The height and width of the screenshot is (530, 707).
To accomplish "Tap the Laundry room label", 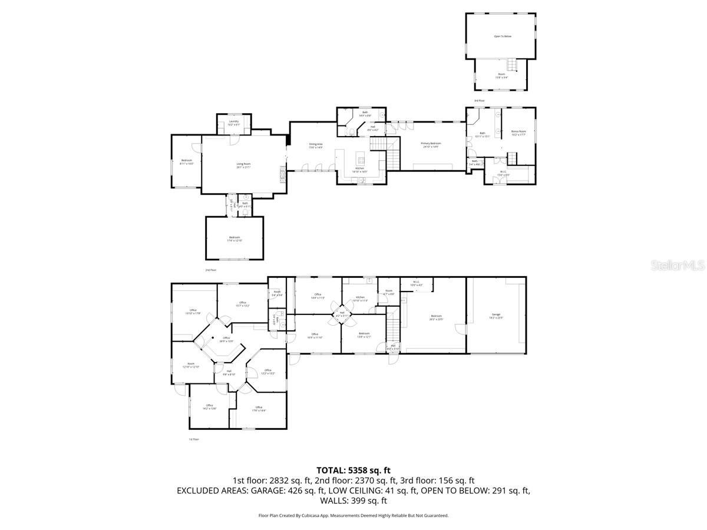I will [234, 122].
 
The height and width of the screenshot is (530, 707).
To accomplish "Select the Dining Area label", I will [316, 145].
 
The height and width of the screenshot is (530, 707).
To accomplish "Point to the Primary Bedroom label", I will [431, 145].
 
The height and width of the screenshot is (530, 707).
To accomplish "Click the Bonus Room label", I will [518, 133].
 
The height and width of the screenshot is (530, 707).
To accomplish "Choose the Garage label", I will [496, 316].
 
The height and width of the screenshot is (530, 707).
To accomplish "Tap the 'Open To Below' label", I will [503, 37].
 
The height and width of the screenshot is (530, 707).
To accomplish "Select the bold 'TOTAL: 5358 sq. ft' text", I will [353, 470].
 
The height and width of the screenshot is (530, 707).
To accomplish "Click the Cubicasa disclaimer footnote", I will [353, 515].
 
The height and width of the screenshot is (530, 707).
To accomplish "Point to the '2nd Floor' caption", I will [211, 270].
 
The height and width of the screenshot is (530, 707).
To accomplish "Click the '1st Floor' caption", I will [194, 439].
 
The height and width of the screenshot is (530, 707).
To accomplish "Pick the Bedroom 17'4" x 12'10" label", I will [234, 238].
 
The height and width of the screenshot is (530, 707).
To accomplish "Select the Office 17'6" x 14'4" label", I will [259, 409].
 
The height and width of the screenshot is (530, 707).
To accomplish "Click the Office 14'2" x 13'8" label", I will [209, 407].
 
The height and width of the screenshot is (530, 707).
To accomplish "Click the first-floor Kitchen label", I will [360, 299].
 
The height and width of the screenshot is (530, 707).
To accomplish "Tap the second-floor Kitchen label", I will [359, 170].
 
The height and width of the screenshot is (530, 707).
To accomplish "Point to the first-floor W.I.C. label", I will [416, 283].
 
